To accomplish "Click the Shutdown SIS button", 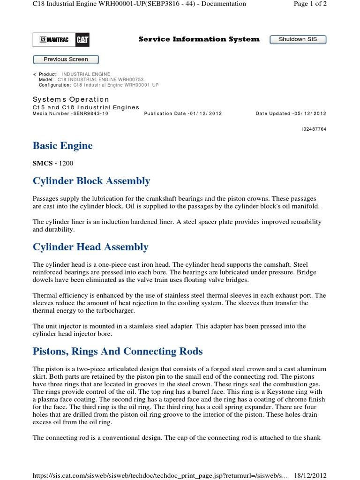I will [x=298, y=39].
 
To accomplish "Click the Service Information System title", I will [x=199, y=39].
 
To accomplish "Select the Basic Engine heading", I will [x=62, y=146].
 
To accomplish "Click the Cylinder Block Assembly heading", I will [x=91, y=181].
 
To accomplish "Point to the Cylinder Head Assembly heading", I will [x=90, y=247].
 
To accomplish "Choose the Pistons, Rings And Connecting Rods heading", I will [x=117, y=351].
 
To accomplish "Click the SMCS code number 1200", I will [x=66, y=163].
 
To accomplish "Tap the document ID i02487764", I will [x=314, y=129].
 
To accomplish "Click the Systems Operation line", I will [x=71, y=99].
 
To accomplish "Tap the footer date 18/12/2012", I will [x=310, y=475].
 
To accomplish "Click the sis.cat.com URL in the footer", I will [x=159, y=475].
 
